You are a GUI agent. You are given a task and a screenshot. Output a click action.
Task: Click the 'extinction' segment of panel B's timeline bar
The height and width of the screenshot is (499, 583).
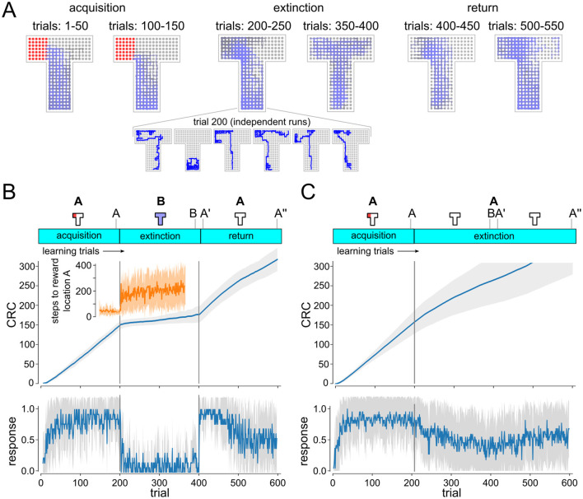coord(160,236)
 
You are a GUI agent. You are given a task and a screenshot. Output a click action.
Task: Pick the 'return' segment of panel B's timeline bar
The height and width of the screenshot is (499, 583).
coord(240,236)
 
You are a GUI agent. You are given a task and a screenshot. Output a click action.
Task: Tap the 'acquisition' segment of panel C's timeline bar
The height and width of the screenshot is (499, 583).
coord(372,236)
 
